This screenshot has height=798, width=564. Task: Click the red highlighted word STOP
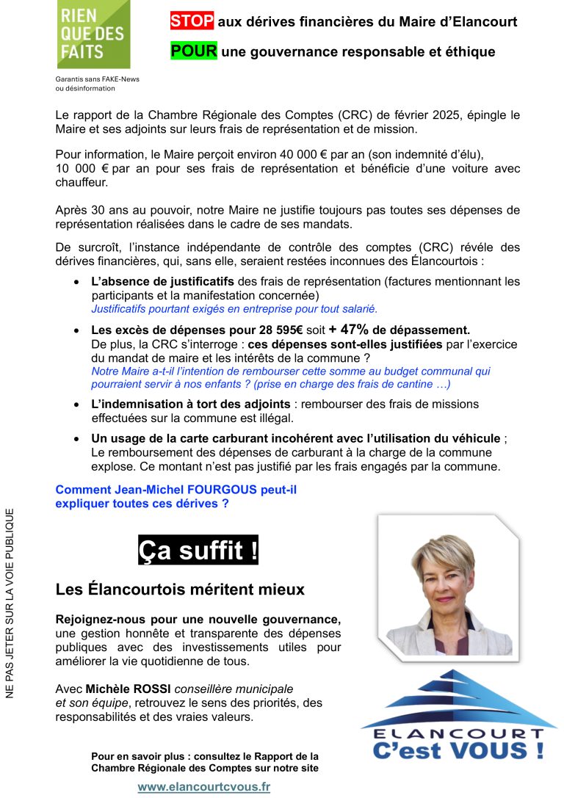coord(192,21)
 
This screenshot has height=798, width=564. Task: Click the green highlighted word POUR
coord(194,51)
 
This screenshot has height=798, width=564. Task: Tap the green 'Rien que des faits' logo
coord(93,35)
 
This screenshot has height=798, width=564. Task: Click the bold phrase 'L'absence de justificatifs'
coord(162,281)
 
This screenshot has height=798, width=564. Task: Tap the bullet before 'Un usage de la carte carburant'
coord(77,438)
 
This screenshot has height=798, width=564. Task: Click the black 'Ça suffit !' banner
coord(198,550)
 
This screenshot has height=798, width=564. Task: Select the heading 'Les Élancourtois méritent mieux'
coord(180,589)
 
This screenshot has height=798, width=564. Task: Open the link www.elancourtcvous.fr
coord(204,787)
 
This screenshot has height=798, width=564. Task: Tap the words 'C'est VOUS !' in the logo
coord(458,751)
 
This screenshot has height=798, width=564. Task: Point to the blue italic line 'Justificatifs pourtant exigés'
coord(234,308)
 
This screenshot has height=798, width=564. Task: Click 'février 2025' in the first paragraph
coord(419,115)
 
